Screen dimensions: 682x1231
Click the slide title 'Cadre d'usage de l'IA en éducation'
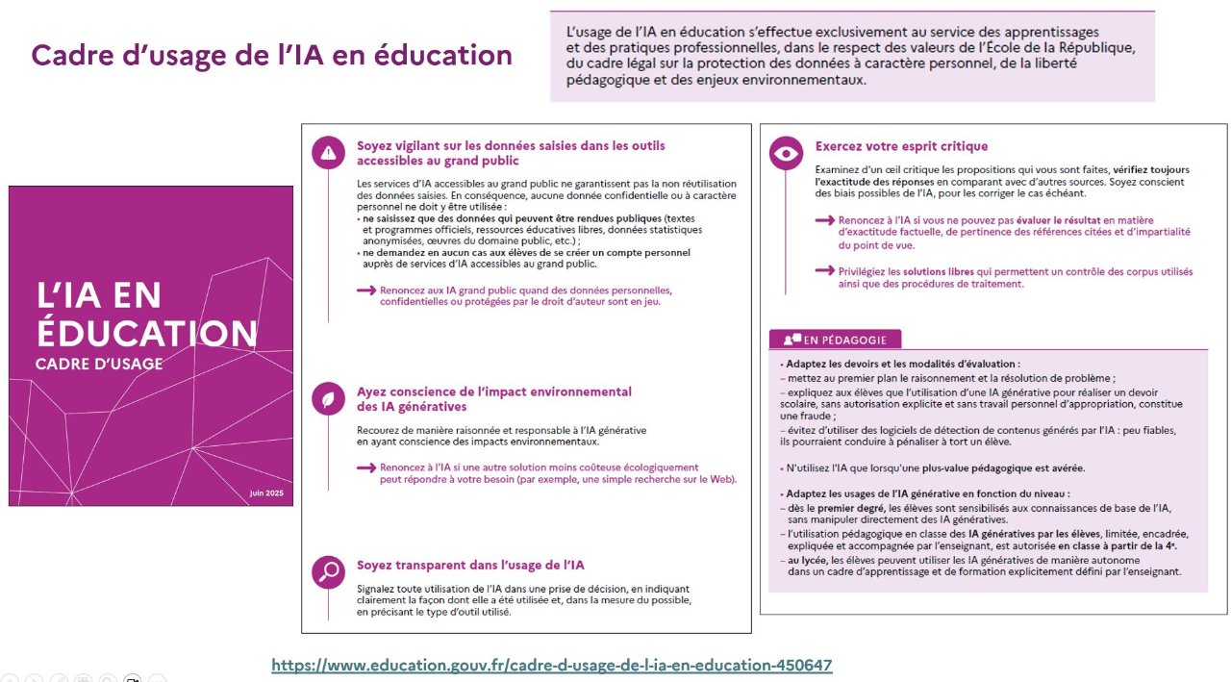[272, 55]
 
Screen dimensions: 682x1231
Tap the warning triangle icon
[329, 152]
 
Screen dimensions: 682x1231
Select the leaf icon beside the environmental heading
[329, 398]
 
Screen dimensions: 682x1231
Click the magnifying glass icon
[329, 571]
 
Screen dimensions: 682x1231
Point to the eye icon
[788, 152]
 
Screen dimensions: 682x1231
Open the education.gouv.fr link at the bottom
[552, 665]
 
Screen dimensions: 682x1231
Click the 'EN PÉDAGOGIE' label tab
[835, 339]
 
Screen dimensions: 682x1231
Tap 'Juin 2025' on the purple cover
[268, 493]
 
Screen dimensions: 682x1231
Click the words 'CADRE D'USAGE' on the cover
[99, 365]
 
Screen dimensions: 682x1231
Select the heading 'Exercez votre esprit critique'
[901, 146]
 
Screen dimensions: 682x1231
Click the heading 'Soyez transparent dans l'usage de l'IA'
[470, 565]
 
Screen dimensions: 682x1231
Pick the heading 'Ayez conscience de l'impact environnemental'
[494, 392]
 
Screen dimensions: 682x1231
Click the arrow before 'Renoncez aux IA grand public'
[365, 290]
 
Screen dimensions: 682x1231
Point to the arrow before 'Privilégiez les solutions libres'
[823, 271]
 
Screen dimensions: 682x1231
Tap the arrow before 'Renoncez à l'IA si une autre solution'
[365, 467]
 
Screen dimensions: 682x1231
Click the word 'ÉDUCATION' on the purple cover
[147, 333]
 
